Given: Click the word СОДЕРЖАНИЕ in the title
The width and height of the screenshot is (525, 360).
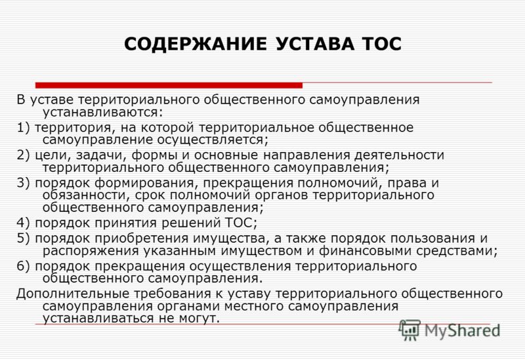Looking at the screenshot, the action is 195,44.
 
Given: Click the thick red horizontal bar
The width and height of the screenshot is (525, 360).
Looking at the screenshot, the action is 169,85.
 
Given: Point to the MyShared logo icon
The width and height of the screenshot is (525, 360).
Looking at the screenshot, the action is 409,330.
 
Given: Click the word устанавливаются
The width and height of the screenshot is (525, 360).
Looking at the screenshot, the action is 102,112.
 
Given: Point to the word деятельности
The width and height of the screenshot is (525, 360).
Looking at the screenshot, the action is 399,155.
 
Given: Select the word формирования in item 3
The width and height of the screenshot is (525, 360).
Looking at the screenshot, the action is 144,184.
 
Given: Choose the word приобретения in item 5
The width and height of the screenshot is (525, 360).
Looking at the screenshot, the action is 143,239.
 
